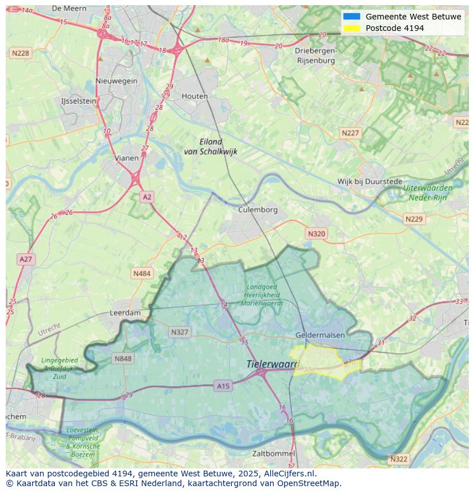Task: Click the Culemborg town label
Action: click(x=258, y=210)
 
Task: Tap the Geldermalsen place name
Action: click(x=320, y=335)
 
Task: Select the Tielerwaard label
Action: click(x=272, y=364)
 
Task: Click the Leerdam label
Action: click(x=125, y=313)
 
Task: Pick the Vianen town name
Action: click(x=126, y=158)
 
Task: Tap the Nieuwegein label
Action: click(x=117, y=81)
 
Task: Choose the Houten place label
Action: click(x=195, y=96)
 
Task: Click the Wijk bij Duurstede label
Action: click(x=369, y=182)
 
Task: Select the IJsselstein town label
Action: click(x=78, y=101)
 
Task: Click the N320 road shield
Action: click(x=316, y=234)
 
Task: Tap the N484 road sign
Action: click(x=141, y=274)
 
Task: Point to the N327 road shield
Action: click(x=179, y=332)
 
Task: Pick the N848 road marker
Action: click(x=123, y=359)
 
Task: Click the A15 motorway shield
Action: click(x=223, y=386)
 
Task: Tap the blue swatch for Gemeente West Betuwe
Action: click(x=351, y=17)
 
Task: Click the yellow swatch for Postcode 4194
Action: click(x=351, y=28)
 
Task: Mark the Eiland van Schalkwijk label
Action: click(x=210, y=147)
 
